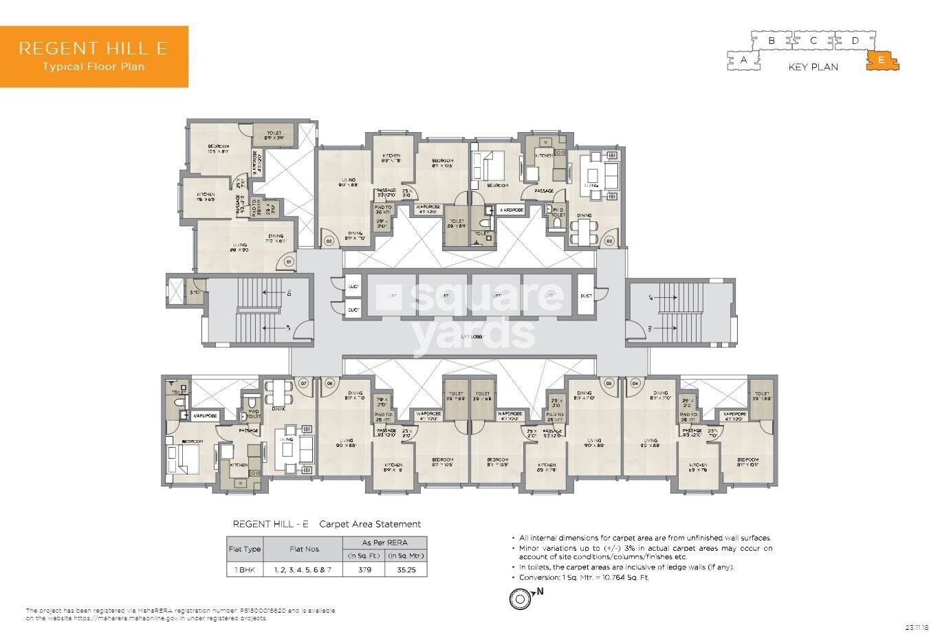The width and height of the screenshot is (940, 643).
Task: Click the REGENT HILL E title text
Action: (x=94, y=48)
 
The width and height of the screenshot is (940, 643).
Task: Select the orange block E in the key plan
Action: (x=882, y=61)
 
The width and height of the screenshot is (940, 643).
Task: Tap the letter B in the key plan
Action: (x=771, y=41)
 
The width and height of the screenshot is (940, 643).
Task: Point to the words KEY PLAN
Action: (x=813, y=67)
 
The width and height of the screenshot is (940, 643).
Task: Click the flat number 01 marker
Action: (x=289, y=261)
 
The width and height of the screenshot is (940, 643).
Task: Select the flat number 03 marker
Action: (x=609, y=241)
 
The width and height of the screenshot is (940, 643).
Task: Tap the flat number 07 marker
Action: (x=303, y=383)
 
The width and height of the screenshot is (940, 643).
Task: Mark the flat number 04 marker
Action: (x=635, y=383)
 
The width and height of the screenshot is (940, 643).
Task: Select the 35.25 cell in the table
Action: (x=406, y=569)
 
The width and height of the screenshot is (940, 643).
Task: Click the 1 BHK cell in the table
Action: (x=244, y=569)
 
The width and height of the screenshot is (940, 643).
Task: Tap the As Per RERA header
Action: (x=384, y=543)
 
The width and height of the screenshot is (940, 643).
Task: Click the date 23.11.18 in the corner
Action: (x=917, y=627)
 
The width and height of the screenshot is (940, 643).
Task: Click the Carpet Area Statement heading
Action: (x=370, y=524)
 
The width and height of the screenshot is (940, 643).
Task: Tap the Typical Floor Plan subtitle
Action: (x=94, y=67)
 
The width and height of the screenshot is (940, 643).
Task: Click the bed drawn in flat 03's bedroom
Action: (x=488, y=166)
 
